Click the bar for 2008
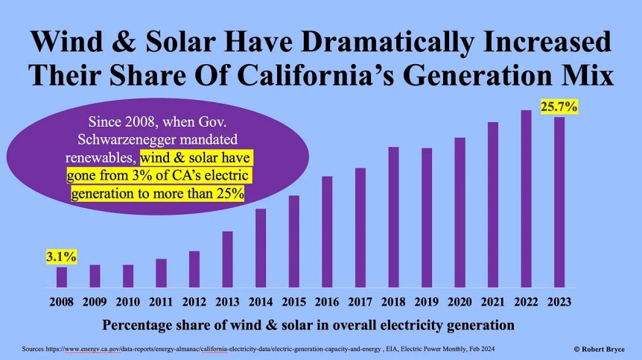62,277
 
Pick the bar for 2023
559,202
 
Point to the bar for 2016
327,232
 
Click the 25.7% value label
559,107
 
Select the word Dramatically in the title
381,43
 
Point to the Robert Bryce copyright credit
598,349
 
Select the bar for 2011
161,273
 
